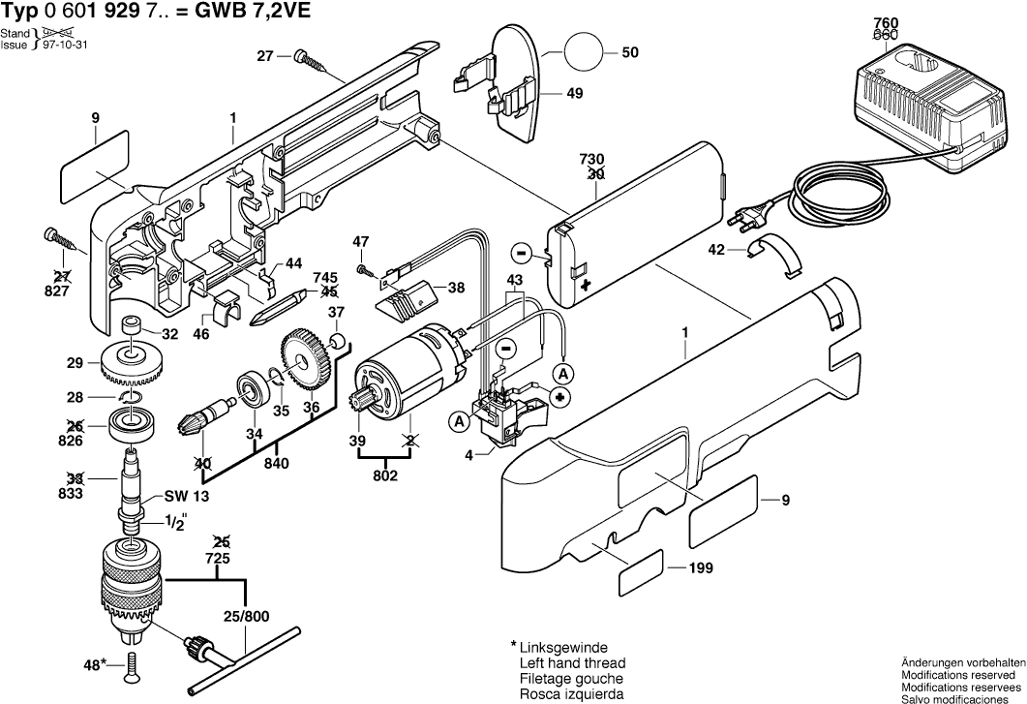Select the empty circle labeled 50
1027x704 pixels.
click(x=584, y=53)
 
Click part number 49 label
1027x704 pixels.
click(x=547, y=95)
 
